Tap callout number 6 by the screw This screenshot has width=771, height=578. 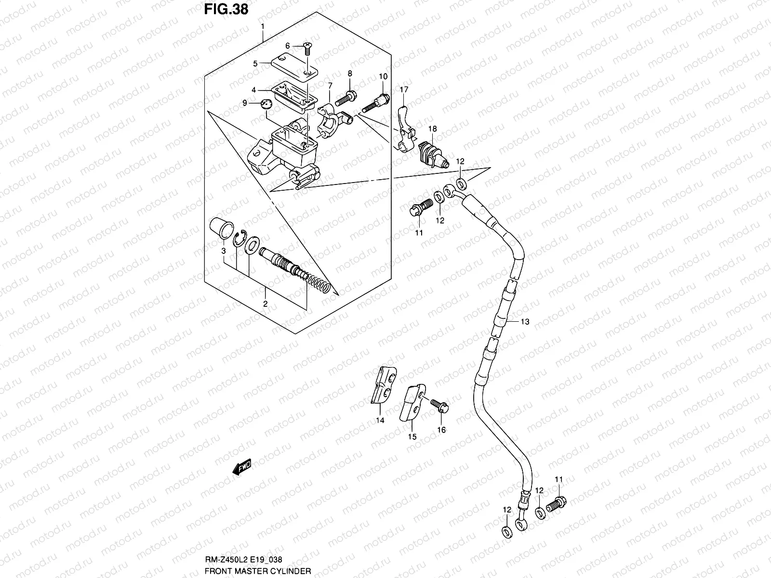[288, 46]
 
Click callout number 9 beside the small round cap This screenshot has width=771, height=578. [245, 103]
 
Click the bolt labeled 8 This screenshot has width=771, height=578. [345, 98]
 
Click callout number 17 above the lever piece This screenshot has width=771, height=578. [403, 90]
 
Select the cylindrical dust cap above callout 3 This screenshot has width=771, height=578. [221, 228]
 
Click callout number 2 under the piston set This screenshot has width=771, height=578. [265, 303]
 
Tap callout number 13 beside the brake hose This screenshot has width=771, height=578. [525, 322]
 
